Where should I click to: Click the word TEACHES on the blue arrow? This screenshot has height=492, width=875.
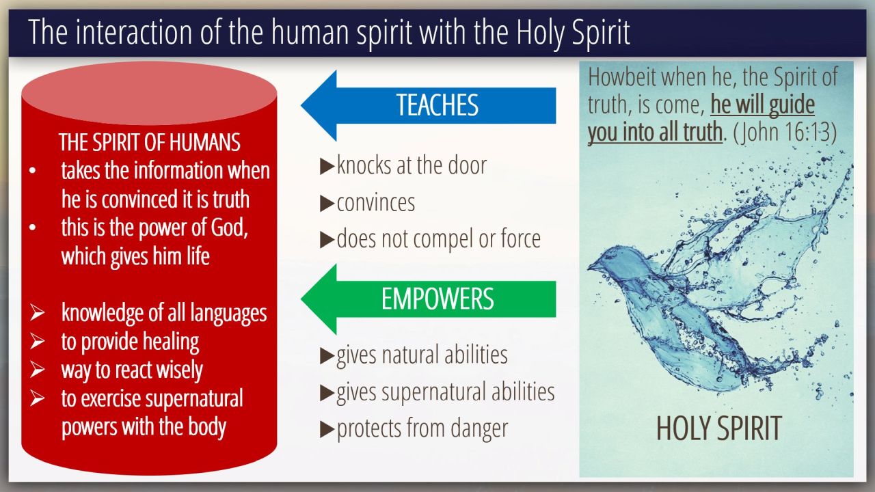click(437, 105)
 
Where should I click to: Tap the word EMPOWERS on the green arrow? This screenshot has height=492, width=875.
click(437, 299)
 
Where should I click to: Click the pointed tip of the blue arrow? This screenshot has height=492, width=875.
click(301, 105)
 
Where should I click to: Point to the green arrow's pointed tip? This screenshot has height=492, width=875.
click(301, 299)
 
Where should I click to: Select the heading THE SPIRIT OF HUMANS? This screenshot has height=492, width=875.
click(150, 141)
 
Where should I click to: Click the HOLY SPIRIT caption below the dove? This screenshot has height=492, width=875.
click(718, 428)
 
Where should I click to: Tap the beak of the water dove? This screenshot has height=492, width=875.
click(591, 267)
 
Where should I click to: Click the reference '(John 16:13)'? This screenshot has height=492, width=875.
click(785, 132)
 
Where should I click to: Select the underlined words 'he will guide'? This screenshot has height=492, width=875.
click(762, 105)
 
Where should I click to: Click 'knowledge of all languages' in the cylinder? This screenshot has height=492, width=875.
click(164, 313)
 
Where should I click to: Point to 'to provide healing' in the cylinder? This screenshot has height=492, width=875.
click(130, 342)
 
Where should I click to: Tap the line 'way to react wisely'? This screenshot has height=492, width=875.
click(132, 370)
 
